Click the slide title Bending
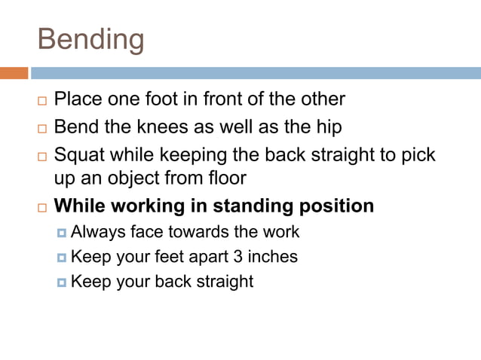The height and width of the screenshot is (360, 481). pyautogui.click(x=90, y=39)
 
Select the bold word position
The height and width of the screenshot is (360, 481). pyautogui.click(x=336, y=206)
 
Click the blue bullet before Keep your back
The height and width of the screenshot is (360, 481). pyautogui.click(x=62, y=282)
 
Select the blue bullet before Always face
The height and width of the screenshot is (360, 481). pyautogui.click(x=62, y=233)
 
